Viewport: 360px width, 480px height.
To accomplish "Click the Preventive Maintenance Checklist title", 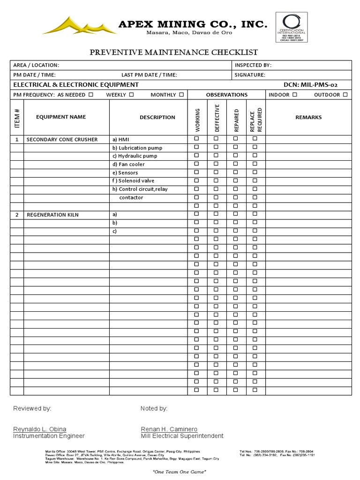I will click(x=174, y=52).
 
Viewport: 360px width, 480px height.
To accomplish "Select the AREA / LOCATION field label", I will click(x=36, y=65).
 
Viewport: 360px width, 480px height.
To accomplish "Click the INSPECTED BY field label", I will click(x=253, y=65).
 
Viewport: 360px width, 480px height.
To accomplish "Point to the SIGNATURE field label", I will click(x=250, y=75).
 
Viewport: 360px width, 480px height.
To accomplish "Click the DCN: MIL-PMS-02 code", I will click(x=310, y=85).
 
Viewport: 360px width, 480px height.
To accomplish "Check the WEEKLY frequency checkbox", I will click(x=131, y=95).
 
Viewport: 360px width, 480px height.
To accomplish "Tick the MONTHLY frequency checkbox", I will click(x=181, y=95).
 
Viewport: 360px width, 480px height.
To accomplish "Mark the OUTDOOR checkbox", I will click(x=345, y=95).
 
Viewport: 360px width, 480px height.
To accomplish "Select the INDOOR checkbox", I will click(x=294, y=95).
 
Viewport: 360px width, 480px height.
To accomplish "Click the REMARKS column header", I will click(x=308, y=117).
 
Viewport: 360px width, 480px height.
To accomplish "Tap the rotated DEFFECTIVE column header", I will click(x=217, y=118).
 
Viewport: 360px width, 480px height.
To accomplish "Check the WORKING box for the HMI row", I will click(x=197, y=139).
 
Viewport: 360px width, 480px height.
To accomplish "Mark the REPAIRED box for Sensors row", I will click(x=236, y=172).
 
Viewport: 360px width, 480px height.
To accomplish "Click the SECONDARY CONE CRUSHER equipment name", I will click(x=62, y=140).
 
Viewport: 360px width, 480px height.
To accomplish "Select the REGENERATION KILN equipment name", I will click(x=52, y=215).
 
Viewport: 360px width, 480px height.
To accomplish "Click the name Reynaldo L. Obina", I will click(x=39, y=429).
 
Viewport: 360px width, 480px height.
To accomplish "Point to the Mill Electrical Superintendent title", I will click(x=182, y=436).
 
